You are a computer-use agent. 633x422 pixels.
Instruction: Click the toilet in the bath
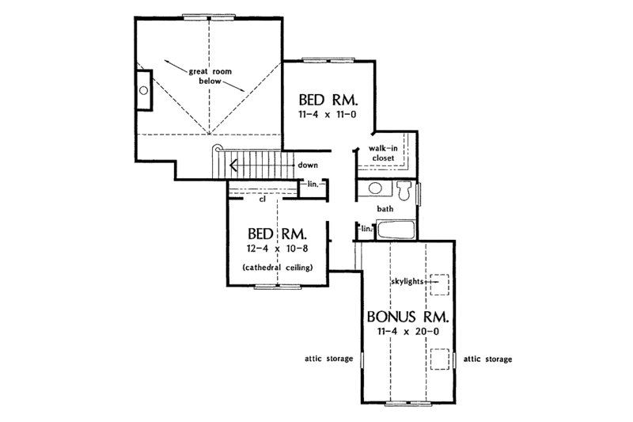point(404,191)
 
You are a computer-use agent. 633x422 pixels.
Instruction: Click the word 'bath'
point(385,209)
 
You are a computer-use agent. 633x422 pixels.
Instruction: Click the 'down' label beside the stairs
point(309,165)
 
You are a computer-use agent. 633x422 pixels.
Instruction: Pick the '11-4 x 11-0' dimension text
point(328,115)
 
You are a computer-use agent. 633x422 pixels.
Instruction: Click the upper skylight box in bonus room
point(438,282)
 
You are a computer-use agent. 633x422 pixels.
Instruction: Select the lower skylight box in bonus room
point(438,359)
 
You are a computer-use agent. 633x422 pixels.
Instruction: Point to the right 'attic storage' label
point(487,359)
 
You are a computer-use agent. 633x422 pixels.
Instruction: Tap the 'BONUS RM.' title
point(407,316)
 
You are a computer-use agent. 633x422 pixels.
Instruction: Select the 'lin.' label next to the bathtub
point(366,230)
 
